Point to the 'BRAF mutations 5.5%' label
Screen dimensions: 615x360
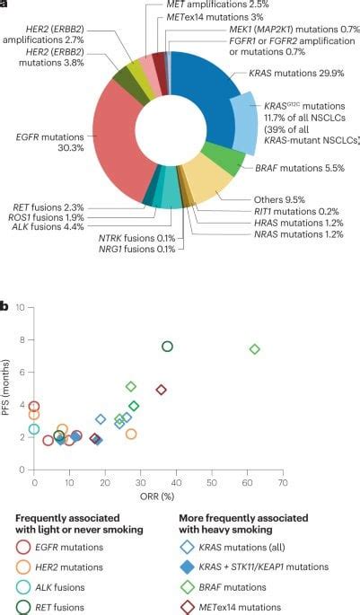tap(286, 168)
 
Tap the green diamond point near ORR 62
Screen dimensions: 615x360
tap(255, 348)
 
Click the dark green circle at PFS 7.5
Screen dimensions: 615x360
tap(167, 347)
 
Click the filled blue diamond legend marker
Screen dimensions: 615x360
tap(185, 567)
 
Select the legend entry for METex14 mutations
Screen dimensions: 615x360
tap(251, 608)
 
